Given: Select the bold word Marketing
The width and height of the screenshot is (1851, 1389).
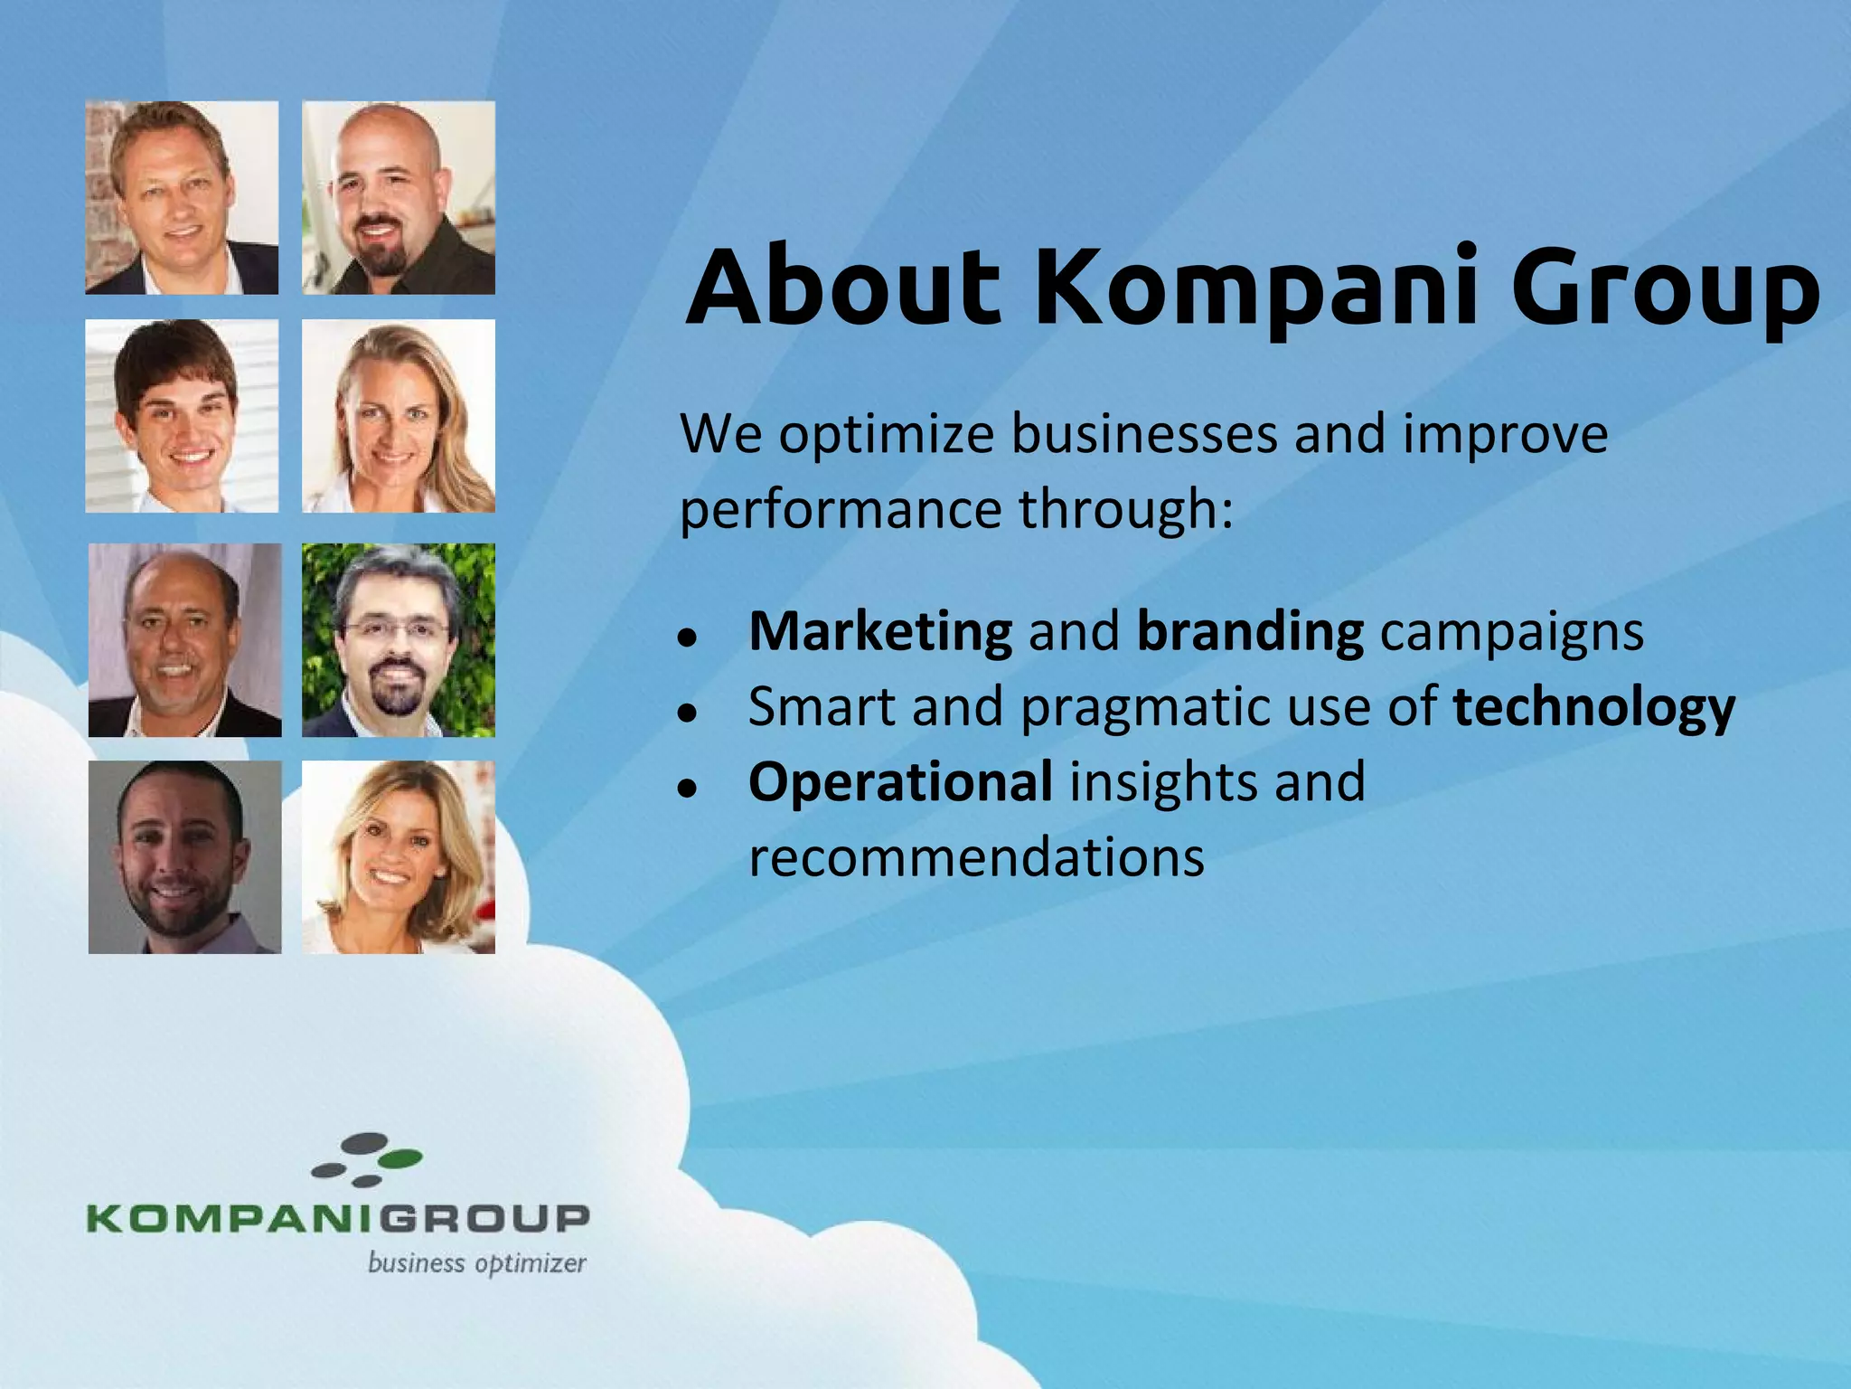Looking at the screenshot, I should pos(880,631).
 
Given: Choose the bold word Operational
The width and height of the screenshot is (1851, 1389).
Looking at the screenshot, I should pos(900,781).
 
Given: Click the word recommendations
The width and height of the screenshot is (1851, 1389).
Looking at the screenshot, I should pos(976,856).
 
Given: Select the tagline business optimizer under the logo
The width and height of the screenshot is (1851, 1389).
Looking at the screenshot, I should pos(476,1263).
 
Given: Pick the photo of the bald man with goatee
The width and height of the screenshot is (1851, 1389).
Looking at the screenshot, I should pos(399,198).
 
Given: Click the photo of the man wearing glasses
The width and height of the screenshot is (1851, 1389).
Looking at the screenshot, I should pos(399,640).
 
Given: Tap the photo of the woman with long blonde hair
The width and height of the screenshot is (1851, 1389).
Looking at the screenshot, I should pos(399,416).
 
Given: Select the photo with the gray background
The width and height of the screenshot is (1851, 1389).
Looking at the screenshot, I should pos(184,857).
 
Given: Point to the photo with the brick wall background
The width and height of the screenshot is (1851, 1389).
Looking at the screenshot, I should pos(182,198).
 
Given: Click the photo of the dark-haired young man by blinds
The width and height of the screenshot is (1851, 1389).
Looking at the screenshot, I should pos(182,416).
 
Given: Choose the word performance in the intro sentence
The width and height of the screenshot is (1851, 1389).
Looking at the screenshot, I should pos(840,510).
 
